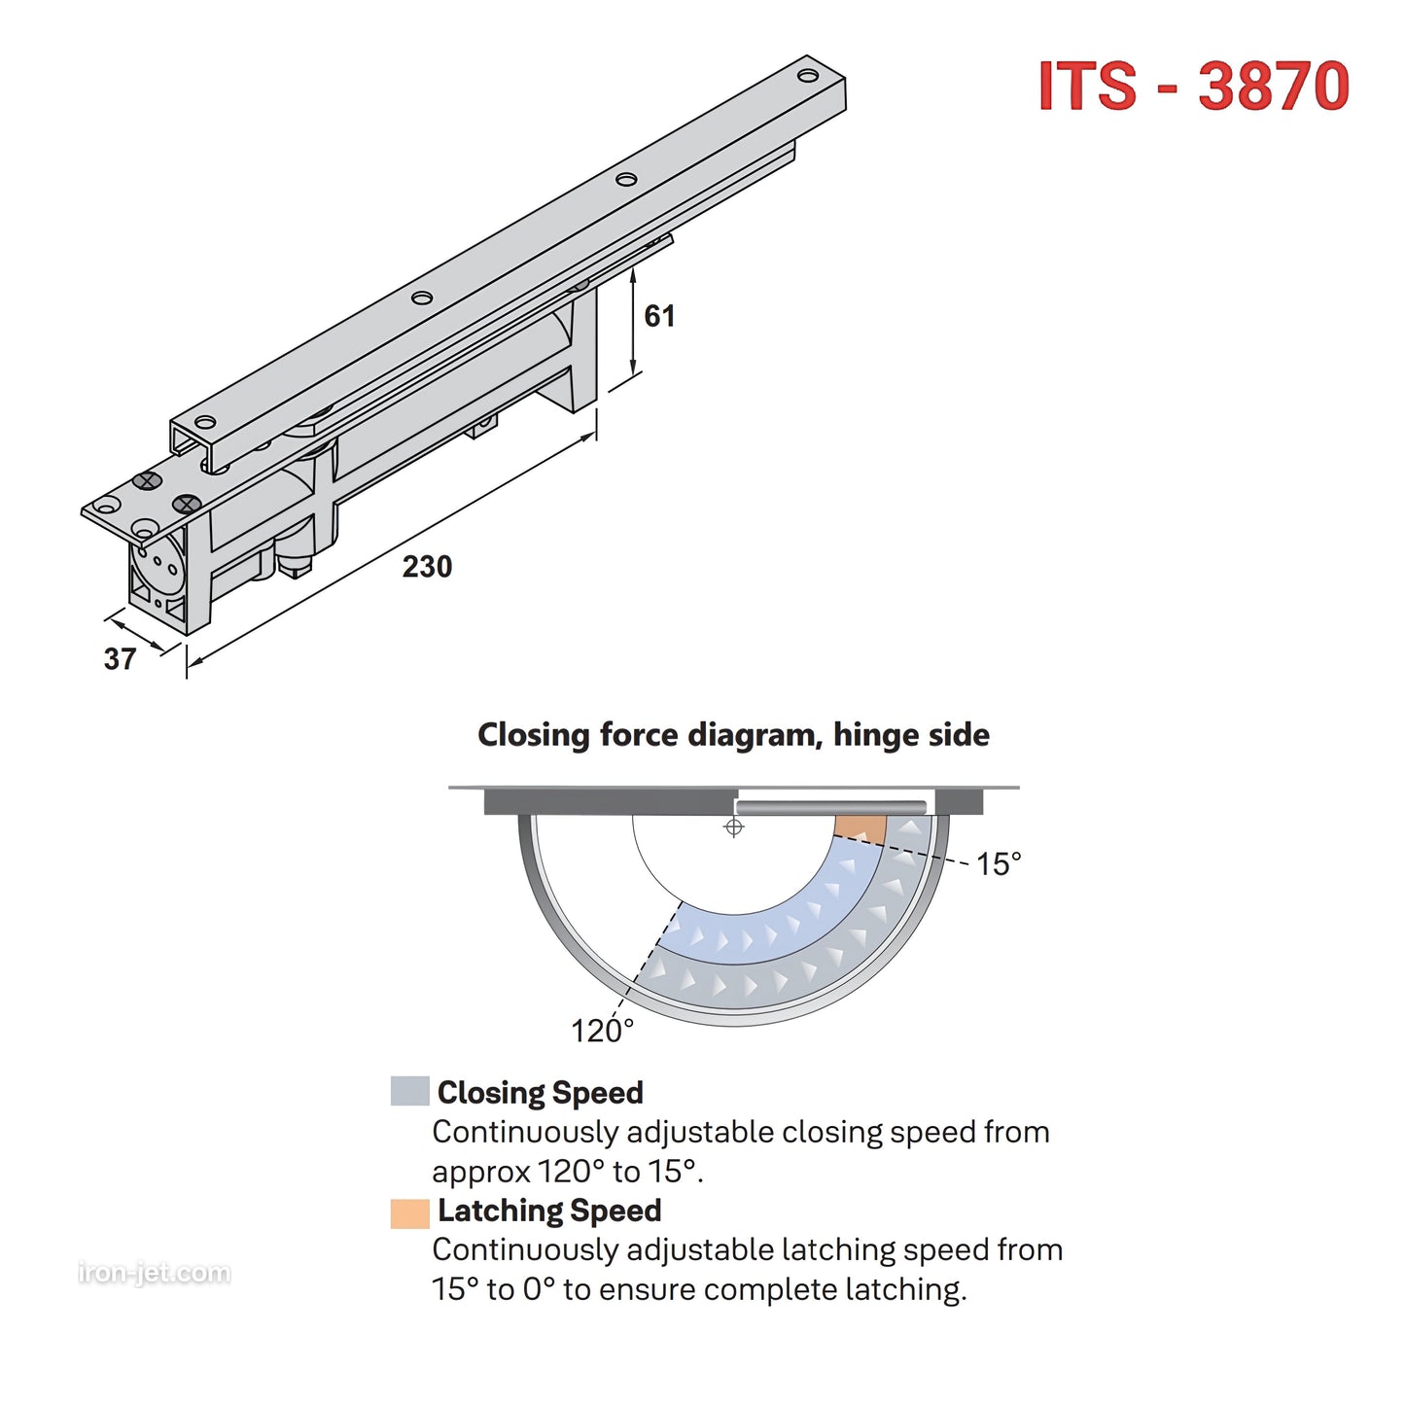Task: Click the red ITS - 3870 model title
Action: click(x=1193, y=87)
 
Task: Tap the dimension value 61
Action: click(x=659, y=316)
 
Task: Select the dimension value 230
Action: click(x=427, y=567)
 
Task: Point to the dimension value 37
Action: click(x=120, y=659)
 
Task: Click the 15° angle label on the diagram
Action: click(x=999, y=863)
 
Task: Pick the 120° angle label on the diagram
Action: click(x=602, y=1031)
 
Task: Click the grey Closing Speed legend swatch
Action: click(x=409, y=1091)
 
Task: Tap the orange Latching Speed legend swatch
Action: click(x=409, y=1213)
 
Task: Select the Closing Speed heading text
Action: click(x=540, y=1093)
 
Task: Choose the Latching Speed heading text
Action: click(x=549, y=1211)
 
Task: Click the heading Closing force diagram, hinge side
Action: click(x=733, y=735)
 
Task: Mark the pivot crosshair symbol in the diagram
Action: click(x=734, y=827)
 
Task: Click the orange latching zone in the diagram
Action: click(x=861, y=829)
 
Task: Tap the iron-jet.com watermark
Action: click(x=155, y=1273)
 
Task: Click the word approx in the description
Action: click(x=480, y=1173)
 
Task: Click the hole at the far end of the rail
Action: click(x=808, y=75)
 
